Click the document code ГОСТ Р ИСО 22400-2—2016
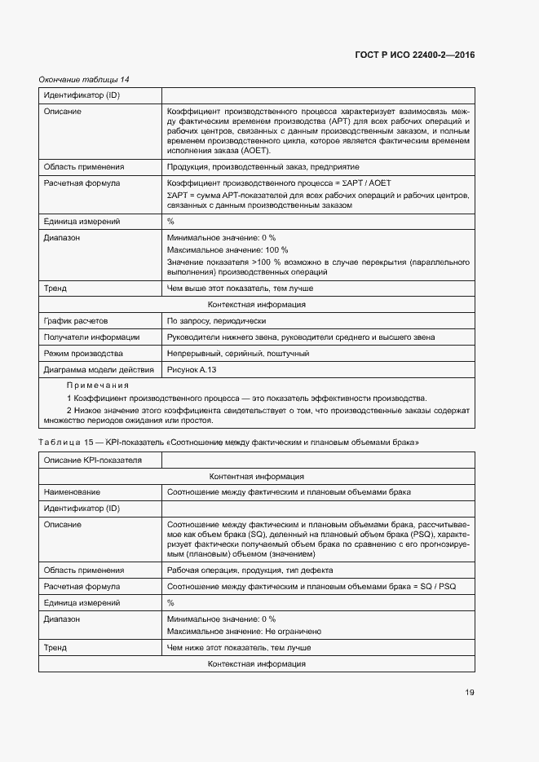(x=415, y=55)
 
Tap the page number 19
(x=470, y=693)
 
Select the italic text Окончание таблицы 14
(x=84, y=79)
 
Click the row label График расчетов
(x=76, y=321)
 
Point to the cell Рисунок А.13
(x=192, y=370)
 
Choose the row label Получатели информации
(x=91, y=337)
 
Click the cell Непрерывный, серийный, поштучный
(x=237, y=354)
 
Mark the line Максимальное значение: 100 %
(x=228, y=249)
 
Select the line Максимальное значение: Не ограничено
(x=245, y=632)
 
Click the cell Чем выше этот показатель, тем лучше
(x=240, y=289)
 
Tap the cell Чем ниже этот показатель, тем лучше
(x=238, y=648)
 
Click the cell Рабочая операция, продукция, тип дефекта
(x=250, y=570)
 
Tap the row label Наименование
(x=72, y=492)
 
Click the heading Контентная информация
(x=256, y=477)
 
